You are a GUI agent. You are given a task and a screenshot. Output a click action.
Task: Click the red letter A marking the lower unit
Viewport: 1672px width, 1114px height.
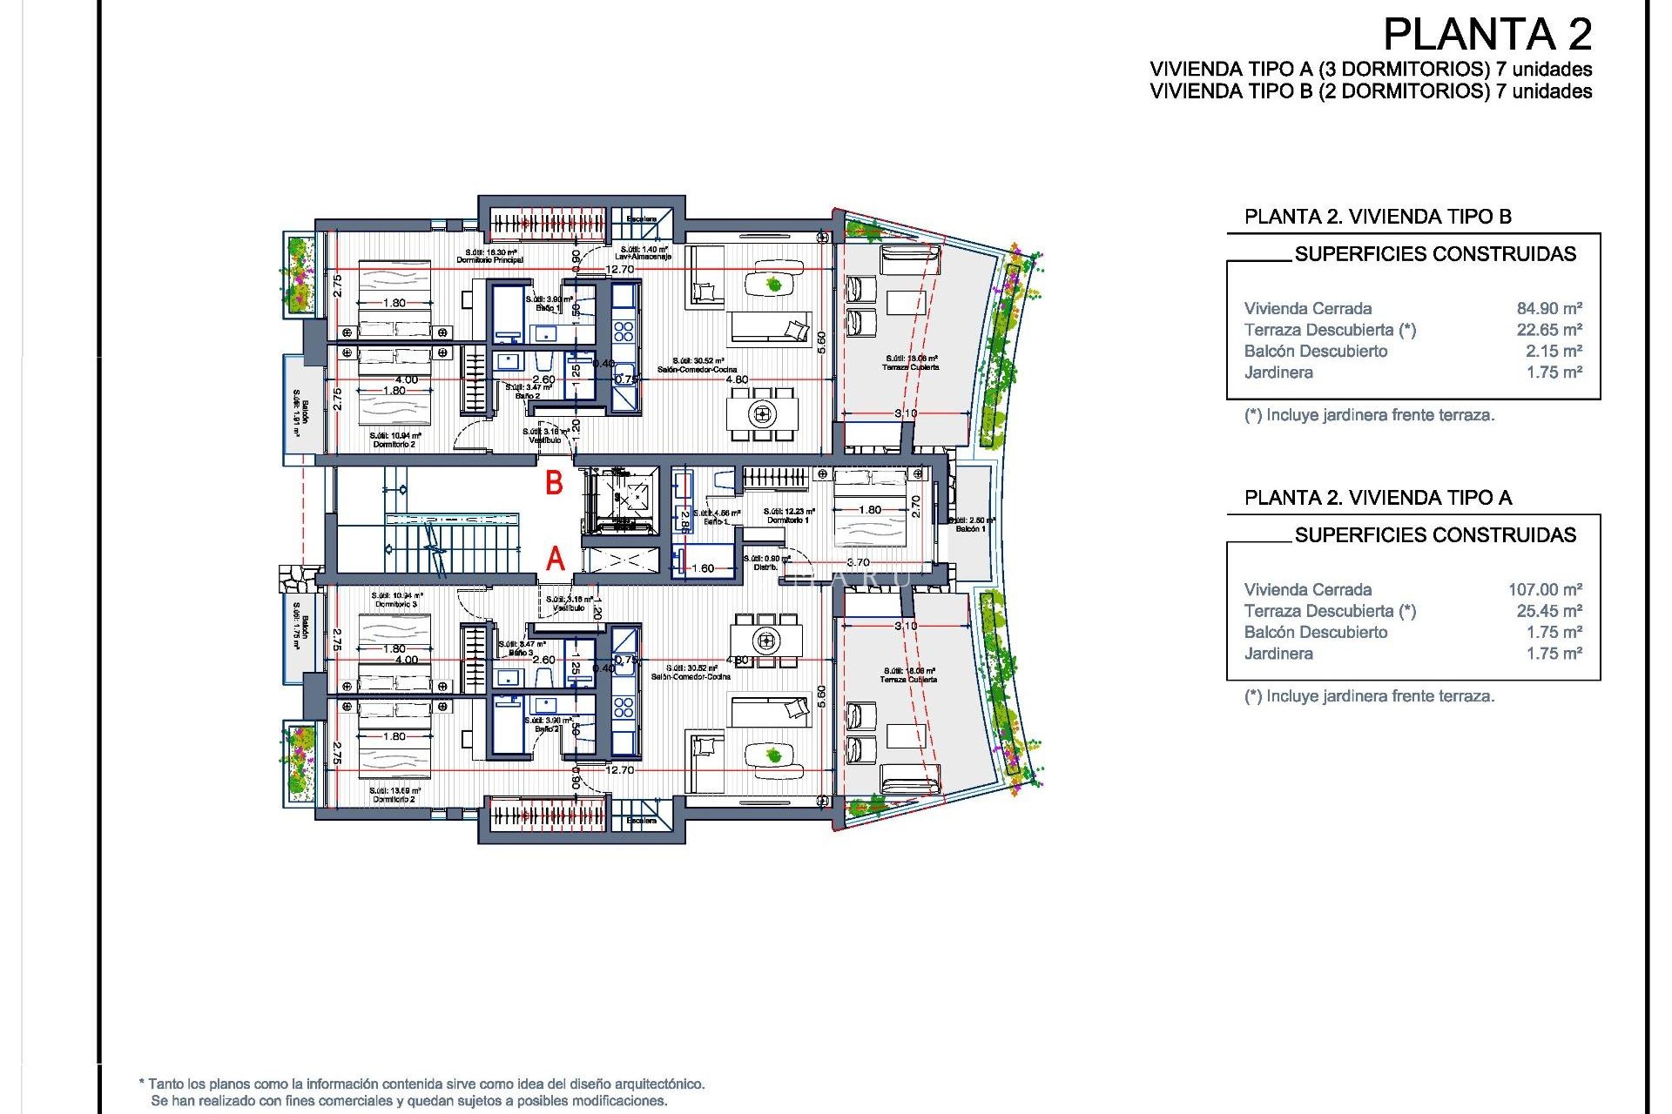556,559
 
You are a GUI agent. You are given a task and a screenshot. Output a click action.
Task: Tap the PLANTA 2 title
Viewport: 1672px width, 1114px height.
1487,35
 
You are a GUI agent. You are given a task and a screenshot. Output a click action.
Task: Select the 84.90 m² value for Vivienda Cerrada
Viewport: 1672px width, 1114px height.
1548,308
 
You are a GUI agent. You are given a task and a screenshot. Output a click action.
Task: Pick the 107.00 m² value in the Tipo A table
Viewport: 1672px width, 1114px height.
1544,589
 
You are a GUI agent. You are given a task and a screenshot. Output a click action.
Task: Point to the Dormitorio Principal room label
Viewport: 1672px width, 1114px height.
490,259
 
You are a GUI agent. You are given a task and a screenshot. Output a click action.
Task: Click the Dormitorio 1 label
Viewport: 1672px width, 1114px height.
787,520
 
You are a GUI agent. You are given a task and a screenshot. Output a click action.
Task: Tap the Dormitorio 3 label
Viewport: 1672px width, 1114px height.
396,604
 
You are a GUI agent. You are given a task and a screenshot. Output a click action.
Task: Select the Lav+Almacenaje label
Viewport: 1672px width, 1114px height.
643,257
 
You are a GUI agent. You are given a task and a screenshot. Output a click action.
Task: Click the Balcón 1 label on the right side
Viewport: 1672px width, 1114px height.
970,528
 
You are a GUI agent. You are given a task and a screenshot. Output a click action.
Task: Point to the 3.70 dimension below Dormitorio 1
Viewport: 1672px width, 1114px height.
858,562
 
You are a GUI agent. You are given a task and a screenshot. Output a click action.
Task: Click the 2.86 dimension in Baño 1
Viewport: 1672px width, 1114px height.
684,520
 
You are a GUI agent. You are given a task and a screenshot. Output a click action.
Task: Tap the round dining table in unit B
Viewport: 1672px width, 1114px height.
763,413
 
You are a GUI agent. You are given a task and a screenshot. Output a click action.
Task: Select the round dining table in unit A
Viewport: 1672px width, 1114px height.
766,641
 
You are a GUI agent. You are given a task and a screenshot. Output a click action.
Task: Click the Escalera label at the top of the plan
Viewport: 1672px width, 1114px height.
642,218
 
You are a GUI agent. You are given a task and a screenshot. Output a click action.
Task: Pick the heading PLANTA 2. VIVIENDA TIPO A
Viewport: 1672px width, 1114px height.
1378,498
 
